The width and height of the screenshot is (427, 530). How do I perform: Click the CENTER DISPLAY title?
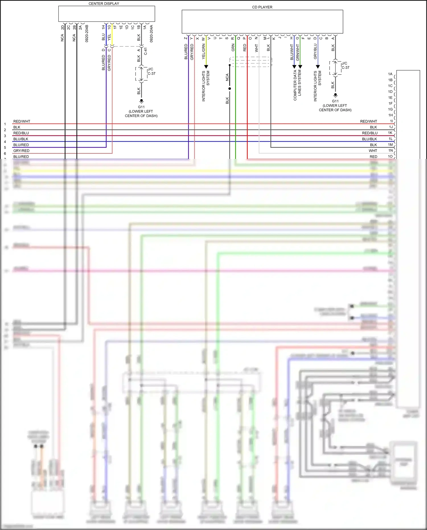click(104, 3)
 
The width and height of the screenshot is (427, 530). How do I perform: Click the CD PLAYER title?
click(262, 7)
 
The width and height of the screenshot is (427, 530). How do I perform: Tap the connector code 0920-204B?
click(87, 34)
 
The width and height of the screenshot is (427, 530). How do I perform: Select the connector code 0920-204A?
click(151, 34)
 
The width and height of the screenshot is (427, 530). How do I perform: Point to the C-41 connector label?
click(145, 51)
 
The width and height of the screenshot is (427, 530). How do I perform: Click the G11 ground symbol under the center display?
click(141, 101)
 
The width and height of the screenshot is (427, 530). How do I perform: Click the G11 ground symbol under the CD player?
click(335, 95)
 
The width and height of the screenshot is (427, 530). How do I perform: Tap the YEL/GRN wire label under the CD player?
click(204, 52)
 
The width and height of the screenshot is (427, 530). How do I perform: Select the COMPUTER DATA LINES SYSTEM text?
click(297, 85)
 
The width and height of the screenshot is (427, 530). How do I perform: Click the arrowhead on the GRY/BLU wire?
click(318, 67)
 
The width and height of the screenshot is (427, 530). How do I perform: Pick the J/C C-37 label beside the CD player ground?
click(345, 66)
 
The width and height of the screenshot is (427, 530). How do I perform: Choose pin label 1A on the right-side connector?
click(390, 74)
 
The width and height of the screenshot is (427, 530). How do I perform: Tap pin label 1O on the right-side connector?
click(390, 156)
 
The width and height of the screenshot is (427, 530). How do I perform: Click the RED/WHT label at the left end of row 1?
click(22, 121)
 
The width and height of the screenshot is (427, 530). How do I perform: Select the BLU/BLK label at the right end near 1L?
click(369, 139)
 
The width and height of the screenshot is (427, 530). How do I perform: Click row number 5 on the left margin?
click(5, 148)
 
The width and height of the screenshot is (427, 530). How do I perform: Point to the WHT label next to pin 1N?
click(373, 151)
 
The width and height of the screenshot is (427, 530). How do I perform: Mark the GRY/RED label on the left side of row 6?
click(21, 151)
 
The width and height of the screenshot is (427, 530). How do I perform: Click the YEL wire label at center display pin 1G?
click(109, 37)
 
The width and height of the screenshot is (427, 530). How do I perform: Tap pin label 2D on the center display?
click(63, 28)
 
